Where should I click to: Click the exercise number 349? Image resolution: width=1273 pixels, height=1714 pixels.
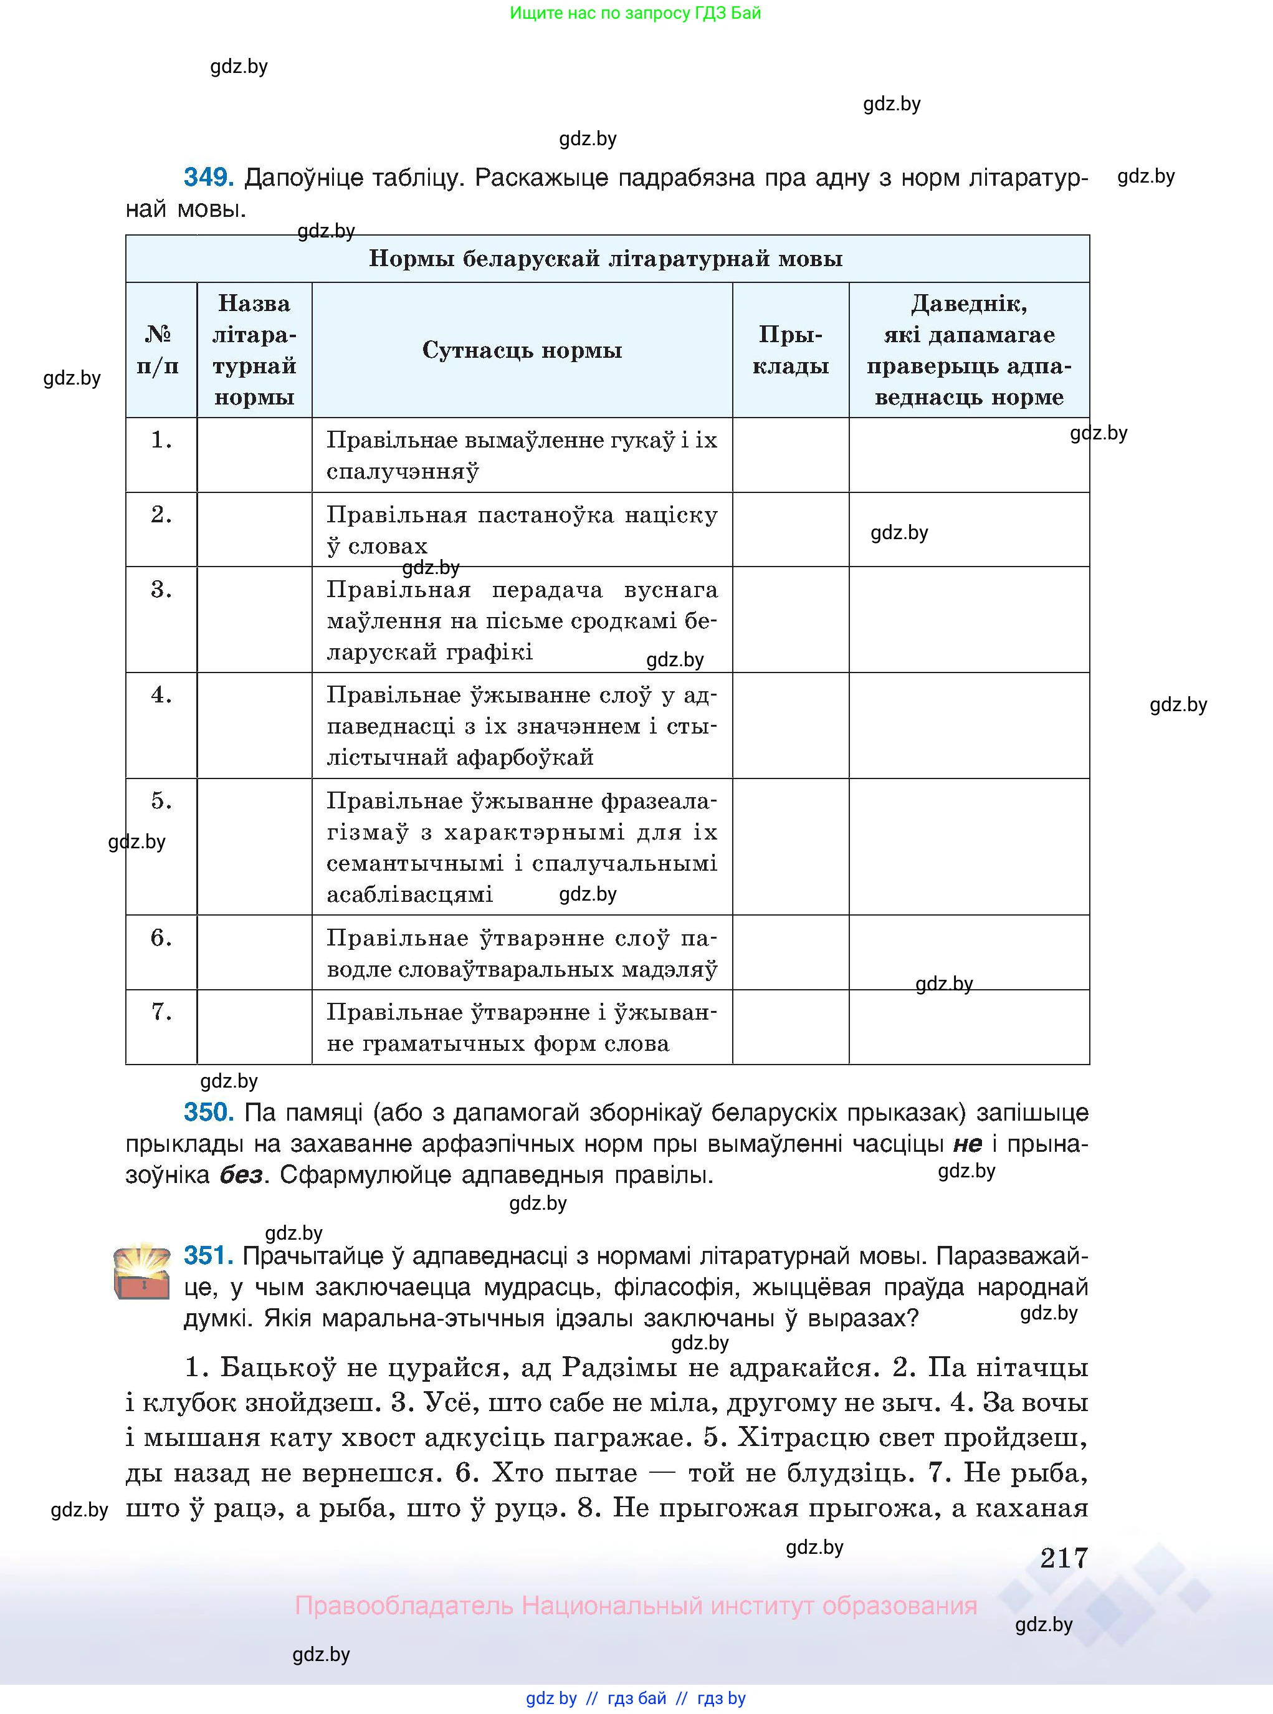pos(208,178)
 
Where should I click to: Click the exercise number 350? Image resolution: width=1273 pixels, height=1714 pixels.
pos(208,1112)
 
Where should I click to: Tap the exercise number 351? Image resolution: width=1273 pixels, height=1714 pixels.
pos(208,1255)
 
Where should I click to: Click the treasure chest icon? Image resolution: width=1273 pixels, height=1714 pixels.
pos(142,1271)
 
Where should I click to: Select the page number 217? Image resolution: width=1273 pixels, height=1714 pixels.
pos(1064,1558)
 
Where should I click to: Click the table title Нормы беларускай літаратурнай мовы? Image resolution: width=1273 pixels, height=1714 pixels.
pos(606,258)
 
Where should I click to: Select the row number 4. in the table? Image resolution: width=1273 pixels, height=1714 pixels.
pos(161,694)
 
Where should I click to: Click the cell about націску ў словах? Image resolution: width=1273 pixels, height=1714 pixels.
pos(522,529)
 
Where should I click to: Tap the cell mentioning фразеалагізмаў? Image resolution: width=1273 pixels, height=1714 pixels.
pos(522,847)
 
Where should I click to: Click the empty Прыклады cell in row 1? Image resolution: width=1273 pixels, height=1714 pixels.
pos(790,455)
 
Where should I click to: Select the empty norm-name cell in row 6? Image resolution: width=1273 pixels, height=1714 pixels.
pos(254,952)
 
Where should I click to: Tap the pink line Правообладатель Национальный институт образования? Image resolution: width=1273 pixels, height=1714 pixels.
pos(636,1606)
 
